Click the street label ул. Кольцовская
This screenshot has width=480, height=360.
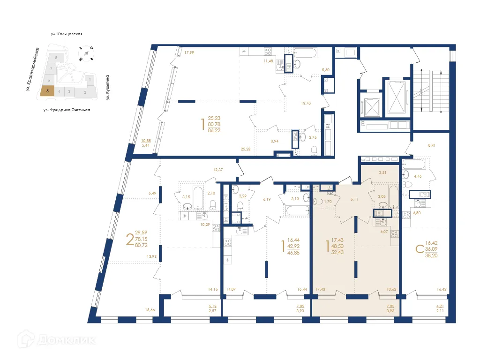[67, 34]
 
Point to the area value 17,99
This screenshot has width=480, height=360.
[189, 52]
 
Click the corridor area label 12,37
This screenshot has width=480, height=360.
[218, 169]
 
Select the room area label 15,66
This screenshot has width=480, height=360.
[150, 310]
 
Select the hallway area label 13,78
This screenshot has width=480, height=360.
[306, 103]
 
